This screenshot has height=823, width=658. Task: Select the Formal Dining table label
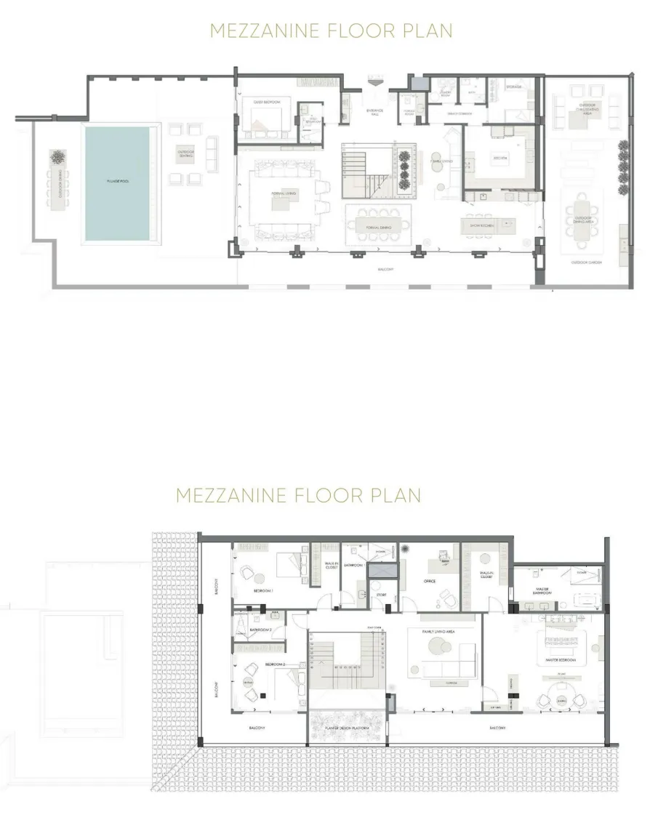click(x=378, y=228)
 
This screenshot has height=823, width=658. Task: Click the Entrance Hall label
click(x=374, y=112)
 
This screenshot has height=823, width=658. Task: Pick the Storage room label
click(x=514, y=87)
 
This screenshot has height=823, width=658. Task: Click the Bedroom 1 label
click(x=262, y=591)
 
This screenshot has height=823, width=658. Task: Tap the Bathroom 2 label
click(x=260, y=629)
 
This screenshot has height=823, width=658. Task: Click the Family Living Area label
click(x=438, y=632)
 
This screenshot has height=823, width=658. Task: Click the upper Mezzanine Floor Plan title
click(x=331, y=31)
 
